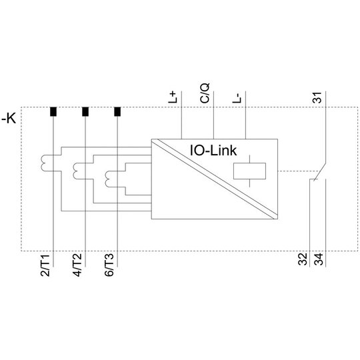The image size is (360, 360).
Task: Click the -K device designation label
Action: pos(9,119)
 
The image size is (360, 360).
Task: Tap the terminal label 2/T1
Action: pos(45,265)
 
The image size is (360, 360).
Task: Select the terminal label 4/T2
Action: pos(77,265)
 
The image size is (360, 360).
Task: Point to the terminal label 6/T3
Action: pos(109,265)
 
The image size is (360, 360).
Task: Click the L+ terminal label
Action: pos(173,97)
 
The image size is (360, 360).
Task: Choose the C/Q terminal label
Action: pos(205,93)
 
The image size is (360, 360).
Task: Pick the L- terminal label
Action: pos(237,98)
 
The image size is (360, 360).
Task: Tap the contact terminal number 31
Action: pos(318,97)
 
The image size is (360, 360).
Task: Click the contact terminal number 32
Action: pos(303,259)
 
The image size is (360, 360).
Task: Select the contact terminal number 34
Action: pos(319,259)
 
